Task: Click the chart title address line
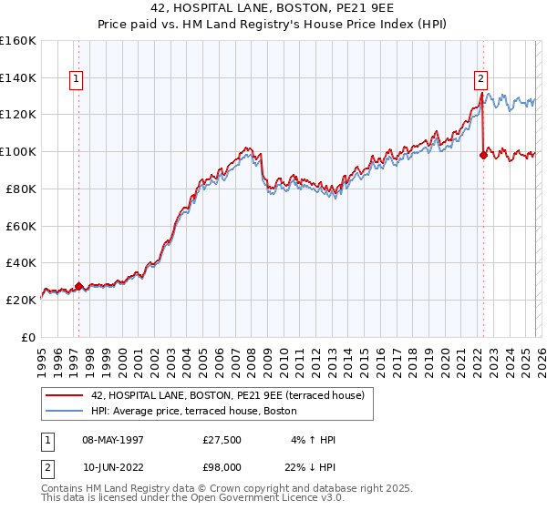273,8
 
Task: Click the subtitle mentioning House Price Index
273,25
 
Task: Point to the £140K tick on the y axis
18,77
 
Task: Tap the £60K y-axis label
20,226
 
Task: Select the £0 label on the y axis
27,337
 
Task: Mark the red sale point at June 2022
482,155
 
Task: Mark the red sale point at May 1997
78,286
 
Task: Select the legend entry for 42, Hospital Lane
228,395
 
